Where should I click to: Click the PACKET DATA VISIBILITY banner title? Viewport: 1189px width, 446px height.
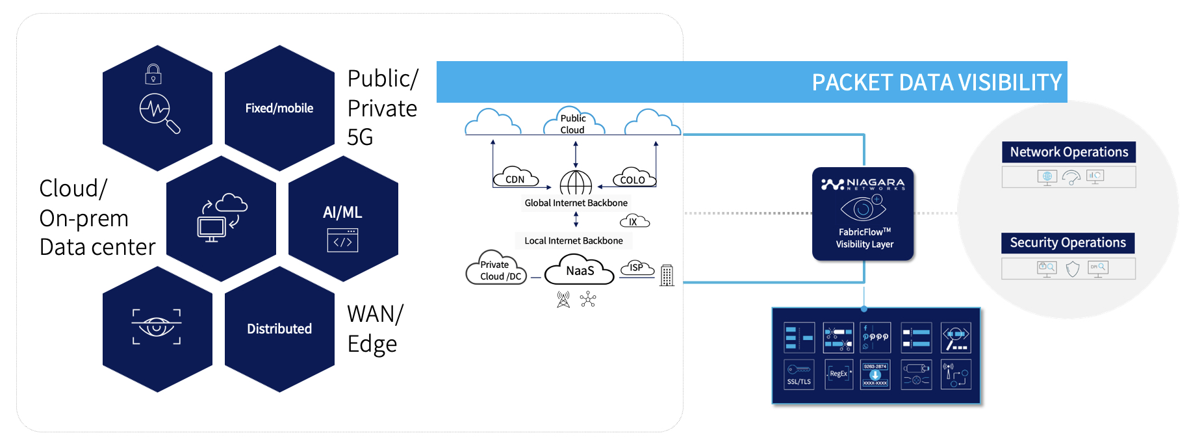point(936,83)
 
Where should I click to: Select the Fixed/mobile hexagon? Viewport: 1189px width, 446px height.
point(279,108)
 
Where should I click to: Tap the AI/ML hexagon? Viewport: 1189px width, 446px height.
point(342,219)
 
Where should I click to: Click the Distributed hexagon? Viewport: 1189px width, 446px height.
point(279,329)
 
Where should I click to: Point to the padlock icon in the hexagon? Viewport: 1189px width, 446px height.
point(153,74)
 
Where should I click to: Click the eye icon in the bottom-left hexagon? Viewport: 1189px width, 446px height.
point(157,326)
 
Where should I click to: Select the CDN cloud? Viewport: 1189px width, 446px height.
point(515,178)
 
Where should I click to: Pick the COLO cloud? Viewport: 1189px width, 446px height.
point(633,178)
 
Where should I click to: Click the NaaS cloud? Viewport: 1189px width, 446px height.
point(580,271)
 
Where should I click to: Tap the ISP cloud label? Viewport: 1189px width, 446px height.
point(637,267)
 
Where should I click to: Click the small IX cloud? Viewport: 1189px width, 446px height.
point(634,222)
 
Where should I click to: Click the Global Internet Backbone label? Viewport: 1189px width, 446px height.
point(576,203)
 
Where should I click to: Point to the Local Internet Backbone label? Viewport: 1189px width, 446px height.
point(573,241)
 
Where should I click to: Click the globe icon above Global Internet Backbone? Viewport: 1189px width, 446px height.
point(576,183)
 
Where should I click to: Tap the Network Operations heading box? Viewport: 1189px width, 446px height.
point(1068,152)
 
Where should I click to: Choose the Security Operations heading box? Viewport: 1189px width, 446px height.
point(1068,243)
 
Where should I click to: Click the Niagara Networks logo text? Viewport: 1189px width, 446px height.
point(863,184)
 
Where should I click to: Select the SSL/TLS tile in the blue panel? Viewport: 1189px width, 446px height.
point(799,374)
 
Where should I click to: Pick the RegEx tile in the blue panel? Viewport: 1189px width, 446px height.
point(838,374)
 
